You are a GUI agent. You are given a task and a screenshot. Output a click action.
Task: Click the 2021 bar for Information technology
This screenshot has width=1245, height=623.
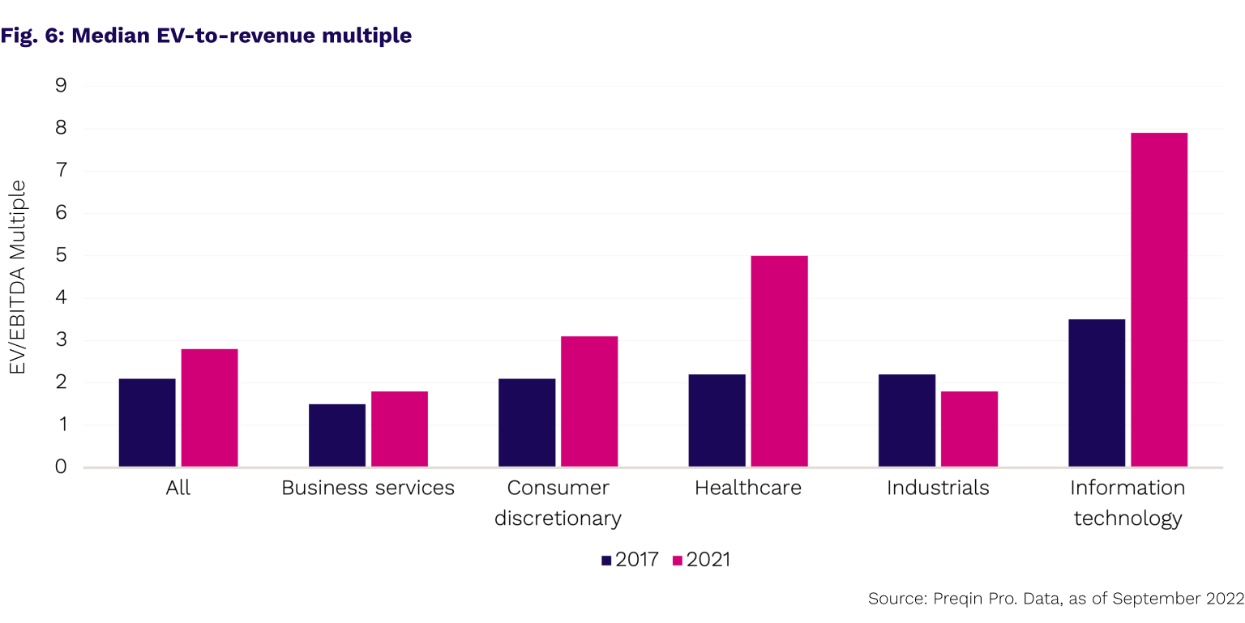pyautogui.click(x=1159, y=300)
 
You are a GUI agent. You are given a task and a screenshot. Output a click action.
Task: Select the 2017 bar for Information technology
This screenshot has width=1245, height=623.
pyautogui.click(x=1097, y=393)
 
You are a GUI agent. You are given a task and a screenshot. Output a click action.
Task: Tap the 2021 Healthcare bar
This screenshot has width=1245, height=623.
pyautogui.click(x=779, y=361)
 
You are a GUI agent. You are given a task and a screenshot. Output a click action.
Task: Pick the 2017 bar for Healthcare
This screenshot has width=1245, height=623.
pyautogui.click(x=717, y=420)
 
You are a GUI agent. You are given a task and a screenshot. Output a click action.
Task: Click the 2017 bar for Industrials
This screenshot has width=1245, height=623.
pyautogui.click(x=907, y=420)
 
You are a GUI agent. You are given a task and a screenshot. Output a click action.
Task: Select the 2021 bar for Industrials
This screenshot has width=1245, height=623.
pyautogui.click(x=969, y=429)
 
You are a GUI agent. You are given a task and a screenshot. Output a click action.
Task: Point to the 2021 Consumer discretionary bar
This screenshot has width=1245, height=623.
pyautogui.click(x=589, y=402)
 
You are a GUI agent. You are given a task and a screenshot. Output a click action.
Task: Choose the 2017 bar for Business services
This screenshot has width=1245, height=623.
pyautogui.click(x=337, y=435)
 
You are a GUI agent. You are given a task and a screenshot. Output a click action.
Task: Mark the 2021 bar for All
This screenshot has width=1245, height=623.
pyautogui.click(x=209, y=408)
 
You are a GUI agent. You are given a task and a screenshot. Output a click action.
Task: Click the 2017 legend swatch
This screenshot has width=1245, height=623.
pyautogui.click(x=607, y=560)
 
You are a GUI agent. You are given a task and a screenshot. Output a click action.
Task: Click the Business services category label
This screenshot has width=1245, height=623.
pyautogui.click(x=368, y=488)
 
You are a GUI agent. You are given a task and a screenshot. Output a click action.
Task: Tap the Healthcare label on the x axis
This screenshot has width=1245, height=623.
pyautogui.click(x=748, y=488)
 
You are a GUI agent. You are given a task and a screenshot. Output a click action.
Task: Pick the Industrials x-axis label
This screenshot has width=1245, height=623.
pyautogui.click(x=938, y=488)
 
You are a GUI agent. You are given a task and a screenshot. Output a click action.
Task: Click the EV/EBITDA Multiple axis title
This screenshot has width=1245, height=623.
pyautogui.click(x=18, y=277)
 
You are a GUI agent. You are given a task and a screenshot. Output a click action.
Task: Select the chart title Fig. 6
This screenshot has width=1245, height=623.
pyautogui.click(x=206, y=36)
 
